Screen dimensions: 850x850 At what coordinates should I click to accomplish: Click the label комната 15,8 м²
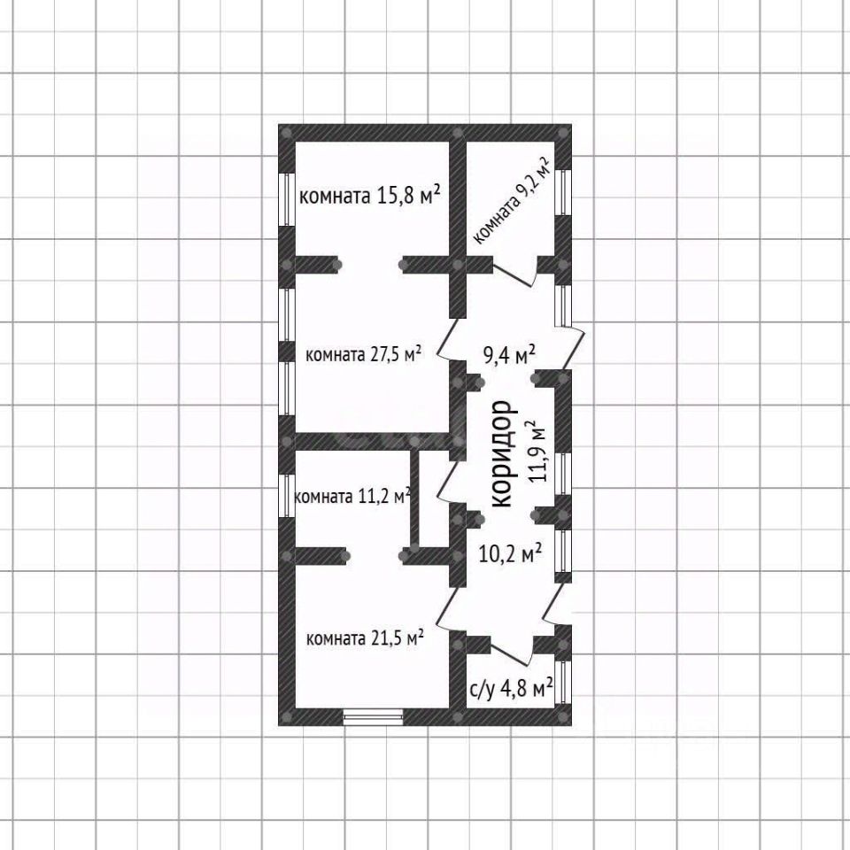[370, 196]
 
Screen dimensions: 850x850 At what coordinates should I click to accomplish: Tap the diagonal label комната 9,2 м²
[512, 203]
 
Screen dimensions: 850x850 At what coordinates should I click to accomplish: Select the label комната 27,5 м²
[362, 354]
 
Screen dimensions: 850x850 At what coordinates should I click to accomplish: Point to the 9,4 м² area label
[508, 355]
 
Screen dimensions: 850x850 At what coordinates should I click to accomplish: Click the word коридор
[501, 453]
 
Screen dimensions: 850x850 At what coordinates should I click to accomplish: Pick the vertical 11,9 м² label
[537, 452]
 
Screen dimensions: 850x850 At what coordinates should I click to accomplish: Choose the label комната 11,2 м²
[351, 497]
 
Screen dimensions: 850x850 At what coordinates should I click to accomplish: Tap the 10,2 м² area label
[510, 554]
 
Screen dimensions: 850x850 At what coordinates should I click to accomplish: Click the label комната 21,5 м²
[364, 637]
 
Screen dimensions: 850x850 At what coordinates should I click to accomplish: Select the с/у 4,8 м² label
[511, 688]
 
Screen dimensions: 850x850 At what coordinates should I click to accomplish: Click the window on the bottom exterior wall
[373, 715]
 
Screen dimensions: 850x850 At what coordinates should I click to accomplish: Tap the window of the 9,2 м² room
[564, 190]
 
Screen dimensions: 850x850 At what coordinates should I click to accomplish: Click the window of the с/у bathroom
[563, 681]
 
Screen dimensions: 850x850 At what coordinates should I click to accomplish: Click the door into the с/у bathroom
[510, 652]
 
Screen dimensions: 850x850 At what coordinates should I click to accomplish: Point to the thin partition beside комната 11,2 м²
[413, 499]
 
